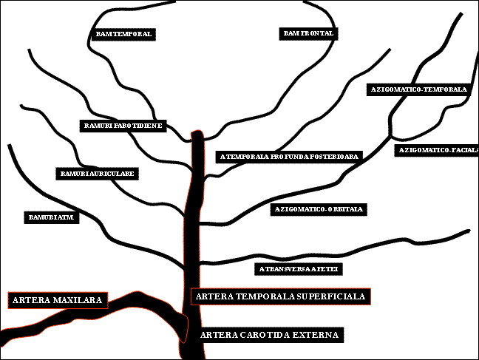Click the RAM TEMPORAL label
(124, 34)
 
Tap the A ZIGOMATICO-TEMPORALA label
(418, 89)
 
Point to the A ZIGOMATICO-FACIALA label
(438, 150)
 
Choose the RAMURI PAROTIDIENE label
(123, 126)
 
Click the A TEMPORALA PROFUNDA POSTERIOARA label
(289, 157)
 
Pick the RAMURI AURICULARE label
(98, 174)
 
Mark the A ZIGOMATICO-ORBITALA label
(319, 209)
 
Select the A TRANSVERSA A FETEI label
(299, 268)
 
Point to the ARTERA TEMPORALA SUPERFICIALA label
(280, 296)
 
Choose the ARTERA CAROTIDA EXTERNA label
(270, 335)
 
